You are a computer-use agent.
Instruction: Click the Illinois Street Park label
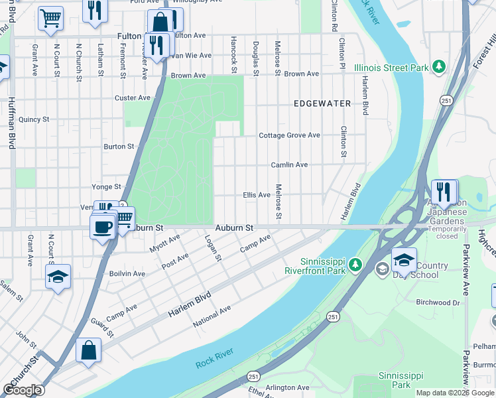pos(391,68)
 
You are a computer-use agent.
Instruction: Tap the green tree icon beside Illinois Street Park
pos(438,66)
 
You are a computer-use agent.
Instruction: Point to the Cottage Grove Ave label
pos(289,135)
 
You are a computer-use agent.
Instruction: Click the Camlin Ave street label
pos(289,165)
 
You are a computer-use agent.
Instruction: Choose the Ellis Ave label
pos(257,195)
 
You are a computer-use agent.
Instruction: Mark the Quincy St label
pos(34,120)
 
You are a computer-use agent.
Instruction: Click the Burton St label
pos(119,147)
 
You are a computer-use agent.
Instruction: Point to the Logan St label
pos(212,248)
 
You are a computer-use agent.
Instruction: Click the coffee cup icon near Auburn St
pos(102,227)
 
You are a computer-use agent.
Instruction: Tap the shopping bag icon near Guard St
pos(89,351)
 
